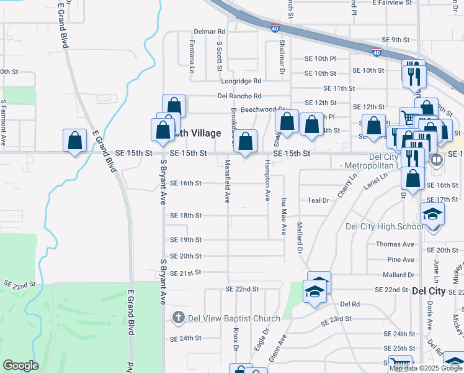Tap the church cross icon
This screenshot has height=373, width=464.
pos(178,318)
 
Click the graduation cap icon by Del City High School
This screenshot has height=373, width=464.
pos(433,214)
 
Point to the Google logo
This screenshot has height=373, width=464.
pos(20,365)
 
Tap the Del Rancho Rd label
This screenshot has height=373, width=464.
pos(239,96)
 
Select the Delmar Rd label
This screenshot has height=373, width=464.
pos(209,31)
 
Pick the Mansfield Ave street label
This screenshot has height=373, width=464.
pos(228,181)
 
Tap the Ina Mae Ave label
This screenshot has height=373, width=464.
pos(283,216)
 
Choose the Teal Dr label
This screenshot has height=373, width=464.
pos(318,200)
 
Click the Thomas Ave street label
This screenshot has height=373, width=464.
pos(395,244)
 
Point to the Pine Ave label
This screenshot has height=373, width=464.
pos(399,259)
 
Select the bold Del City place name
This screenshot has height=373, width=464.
pos(429,291)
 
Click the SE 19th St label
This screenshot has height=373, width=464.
pos(186,239)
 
